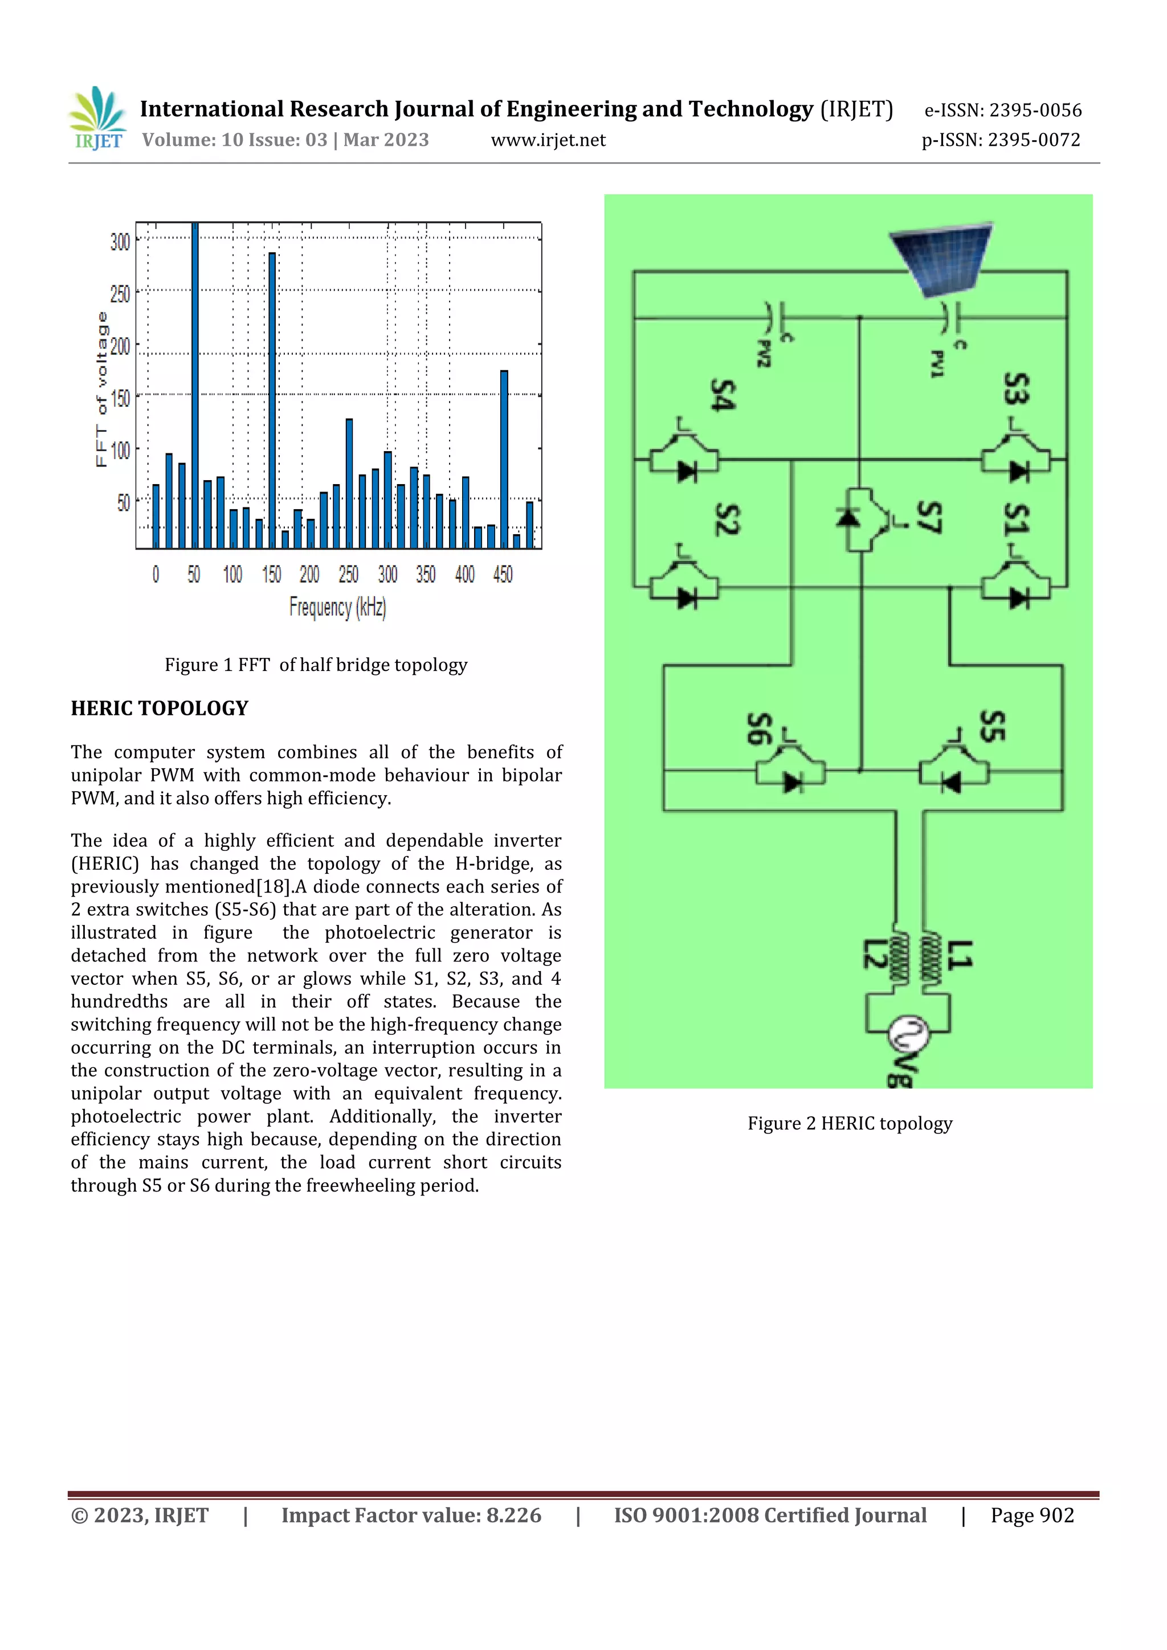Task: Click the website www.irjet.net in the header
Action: coord(548,140)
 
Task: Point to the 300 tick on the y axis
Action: coord(121,241)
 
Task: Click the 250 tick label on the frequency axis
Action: coord(349,574)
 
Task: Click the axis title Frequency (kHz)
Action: coord(338,607)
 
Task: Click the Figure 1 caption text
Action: coord(316,665)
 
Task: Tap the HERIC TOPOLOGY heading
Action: coord(160,709)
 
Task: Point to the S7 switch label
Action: coord(928,517)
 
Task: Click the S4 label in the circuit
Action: coord(722,395)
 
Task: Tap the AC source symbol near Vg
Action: coord(908,1035)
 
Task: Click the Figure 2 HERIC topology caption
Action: coord(849,1123)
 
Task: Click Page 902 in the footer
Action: coord(1032,1516)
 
